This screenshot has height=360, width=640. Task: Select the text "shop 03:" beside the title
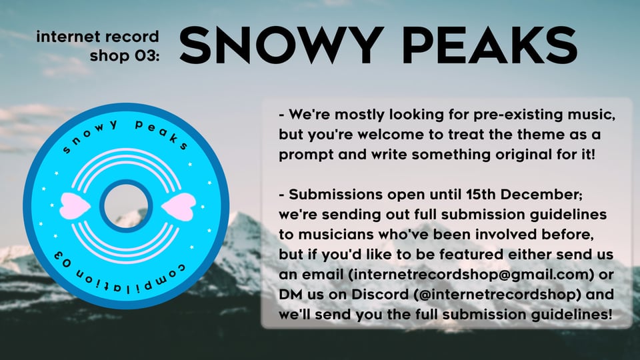click(x=125, y=55)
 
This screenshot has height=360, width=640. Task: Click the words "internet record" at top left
click(x=98, y=37)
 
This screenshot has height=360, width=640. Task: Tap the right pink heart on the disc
click(x=177, y=205)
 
